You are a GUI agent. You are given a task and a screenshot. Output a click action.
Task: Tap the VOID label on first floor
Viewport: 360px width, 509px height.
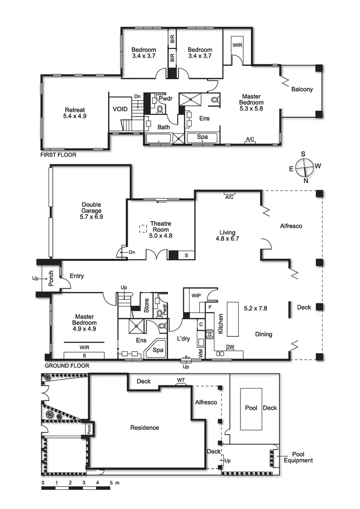pyautogui.click(x=120, y=109)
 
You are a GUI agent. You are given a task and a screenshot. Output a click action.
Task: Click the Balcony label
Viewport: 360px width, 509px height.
pyautogui.click(x=301, y=89)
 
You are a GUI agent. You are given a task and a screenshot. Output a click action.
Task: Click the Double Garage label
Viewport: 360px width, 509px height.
pyautogui.click(x=91, y=211)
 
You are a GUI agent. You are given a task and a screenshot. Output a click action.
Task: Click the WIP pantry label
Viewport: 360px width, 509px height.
pyautogui.click(x=196, y=295)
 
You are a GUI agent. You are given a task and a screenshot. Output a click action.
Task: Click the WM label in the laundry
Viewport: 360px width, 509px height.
pyautogui.click(x=201, y=352)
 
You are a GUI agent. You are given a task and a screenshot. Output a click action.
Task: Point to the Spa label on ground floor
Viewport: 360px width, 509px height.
pyautogui.click(x=158, y=350)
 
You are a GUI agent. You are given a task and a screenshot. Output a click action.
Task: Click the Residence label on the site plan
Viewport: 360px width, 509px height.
pyautogui.click(x=144, y=427)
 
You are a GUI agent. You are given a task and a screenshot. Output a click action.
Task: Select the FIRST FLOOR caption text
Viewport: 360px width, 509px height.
pyautogui.click(x=59, y=155)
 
